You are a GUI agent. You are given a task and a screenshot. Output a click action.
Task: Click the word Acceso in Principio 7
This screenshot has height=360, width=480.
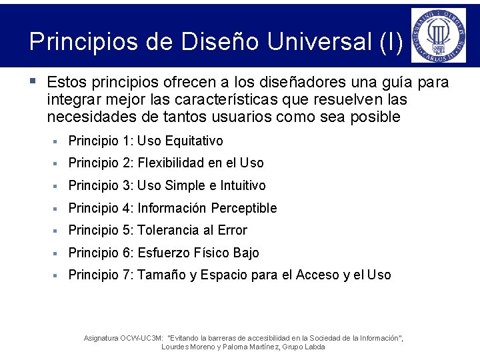(x=317, y=275)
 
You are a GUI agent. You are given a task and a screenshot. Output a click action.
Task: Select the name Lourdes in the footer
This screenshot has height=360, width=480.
(x=175, y=347)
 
